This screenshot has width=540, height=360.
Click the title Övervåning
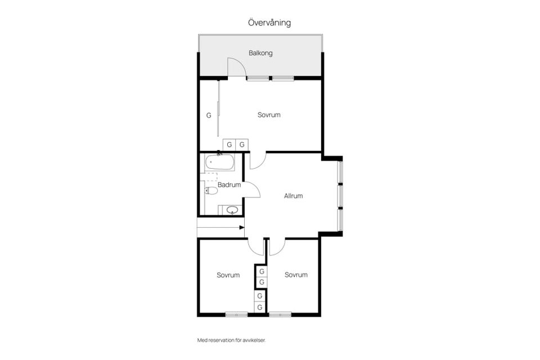(269, 22)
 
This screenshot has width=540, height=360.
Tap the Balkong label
(260, 53)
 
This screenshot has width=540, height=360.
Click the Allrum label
(294, 196)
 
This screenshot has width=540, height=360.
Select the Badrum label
(229, 185)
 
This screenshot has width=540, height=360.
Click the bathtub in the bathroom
(220, 163)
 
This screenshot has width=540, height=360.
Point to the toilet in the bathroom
(211, 191)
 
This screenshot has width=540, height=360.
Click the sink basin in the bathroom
(232, 210)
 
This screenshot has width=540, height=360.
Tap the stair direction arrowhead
(242, 227)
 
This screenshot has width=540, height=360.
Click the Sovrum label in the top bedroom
(269, 115)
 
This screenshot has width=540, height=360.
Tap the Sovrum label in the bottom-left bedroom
(228, 275)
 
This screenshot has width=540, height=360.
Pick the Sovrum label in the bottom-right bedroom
(296, 274)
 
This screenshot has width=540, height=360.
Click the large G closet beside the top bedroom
(209, 115)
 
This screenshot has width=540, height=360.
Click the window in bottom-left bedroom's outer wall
(237, 314)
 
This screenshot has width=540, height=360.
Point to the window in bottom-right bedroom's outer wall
(280, 314)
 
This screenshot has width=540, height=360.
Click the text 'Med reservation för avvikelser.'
(231, 340)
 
